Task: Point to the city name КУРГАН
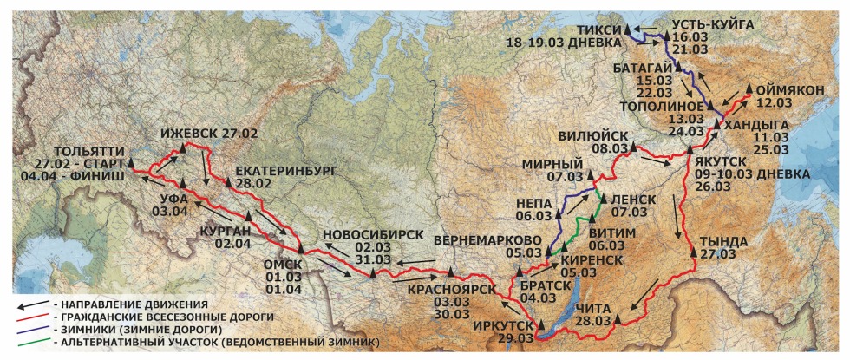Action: (225, 229)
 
